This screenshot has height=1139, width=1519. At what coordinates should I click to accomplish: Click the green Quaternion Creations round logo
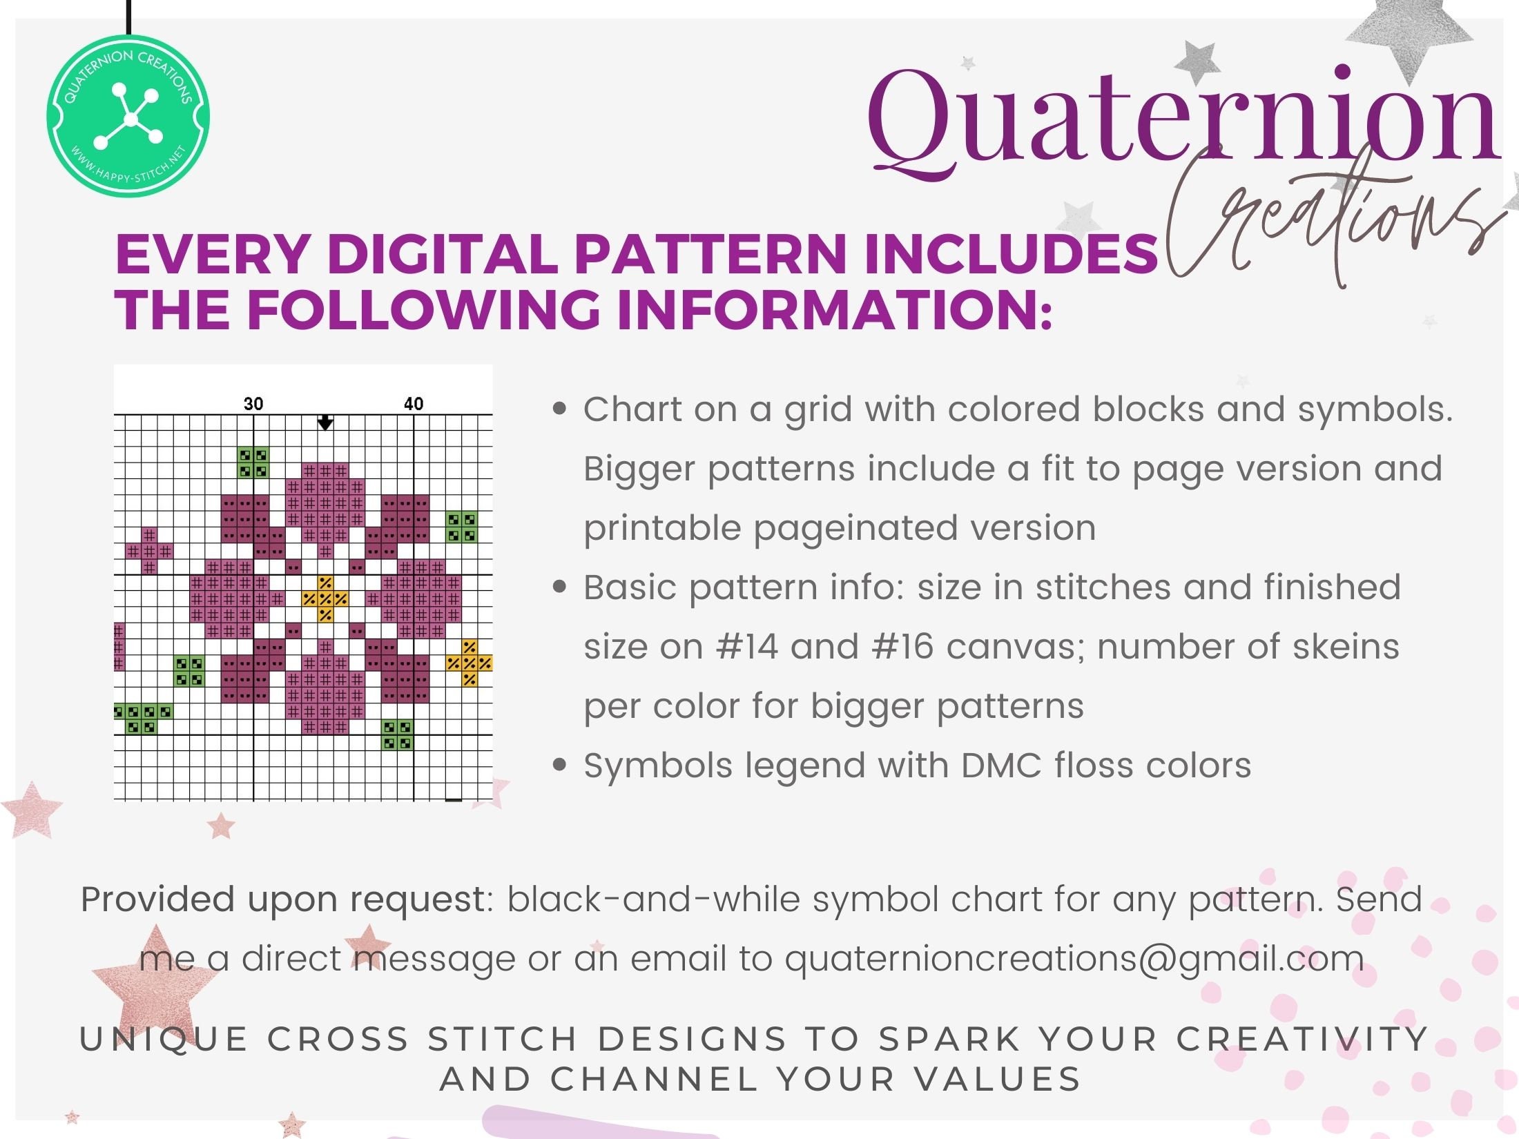point(128,116)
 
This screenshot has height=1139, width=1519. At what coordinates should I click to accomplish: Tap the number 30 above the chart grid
point(253,404)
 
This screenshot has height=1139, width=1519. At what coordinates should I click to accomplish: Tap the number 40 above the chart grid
point(414,404)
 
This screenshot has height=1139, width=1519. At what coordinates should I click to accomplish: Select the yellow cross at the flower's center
point(325,598)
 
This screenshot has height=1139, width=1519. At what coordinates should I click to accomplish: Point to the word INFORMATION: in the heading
point(833,309)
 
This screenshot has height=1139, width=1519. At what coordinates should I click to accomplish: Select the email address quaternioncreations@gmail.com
point(1074,959)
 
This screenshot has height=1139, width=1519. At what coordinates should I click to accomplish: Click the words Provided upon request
point(283,900)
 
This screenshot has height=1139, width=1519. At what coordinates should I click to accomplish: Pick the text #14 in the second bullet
point(746,647)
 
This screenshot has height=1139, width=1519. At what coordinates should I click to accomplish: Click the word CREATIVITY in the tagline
point(1302,1040)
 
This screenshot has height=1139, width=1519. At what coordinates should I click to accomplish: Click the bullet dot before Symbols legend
point(560,765)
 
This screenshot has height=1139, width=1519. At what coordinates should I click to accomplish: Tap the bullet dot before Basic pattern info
point(560,587)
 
